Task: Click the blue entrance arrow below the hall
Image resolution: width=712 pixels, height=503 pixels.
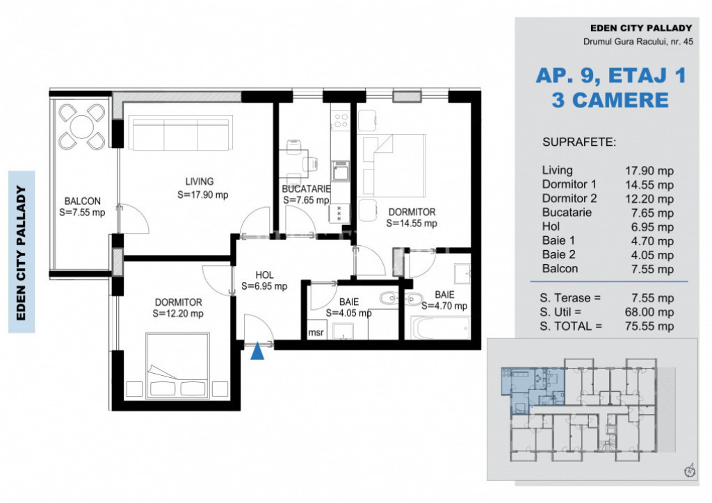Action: (x=257, y=352)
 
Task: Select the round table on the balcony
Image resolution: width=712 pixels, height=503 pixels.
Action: (x=82, y=126)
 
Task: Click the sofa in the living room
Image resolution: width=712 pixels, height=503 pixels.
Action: (x=180, y=133)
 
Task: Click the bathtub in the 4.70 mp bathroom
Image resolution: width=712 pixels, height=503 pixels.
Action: (x=440, y=327)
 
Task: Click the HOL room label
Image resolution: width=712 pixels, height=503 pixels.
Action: (x=264, y=274)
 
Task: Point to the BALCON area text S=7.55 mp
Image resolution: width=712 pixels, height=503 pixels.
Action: (x=82, y=213)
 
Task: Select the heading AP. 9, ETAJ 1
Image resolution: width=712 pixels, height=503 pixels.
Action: (x=610, y=75)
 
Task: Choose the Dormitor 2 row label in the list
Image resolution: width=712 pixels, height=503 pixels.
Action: (x=569, y=198)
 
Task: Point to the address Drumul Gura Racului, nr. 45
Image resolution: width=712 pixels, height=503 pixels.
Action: (x=638, y=42)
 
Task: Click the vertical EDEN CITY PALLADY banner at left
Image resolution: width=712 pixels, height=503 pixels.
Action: (x=22, y=252)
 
